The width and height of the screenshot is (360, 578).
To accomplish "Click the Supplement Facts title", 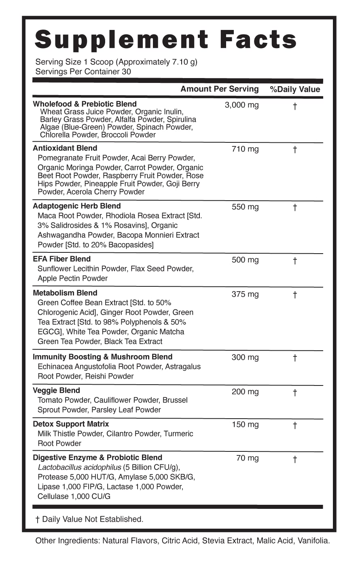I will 166,40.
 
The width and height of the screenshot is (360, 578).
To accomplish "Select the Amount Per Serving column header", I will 219,89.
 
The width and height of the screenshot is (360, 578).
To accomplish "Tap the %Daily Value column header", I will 295,89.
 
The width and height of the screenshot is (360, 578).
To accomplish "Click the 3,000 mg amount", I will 241,105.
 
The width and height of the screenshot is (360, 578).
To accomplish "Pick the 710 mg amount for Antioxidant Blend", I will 245,149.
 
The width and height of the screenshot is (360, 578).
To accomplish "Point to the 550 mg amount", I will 245,207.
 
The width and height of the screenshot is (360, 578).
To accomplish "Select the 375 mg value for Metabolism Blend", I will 245,294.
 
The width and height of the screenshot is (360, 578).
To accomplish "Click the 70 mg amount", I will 247,458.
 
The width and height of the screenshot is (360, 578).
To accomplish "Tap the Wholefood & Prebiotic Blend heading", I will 85,104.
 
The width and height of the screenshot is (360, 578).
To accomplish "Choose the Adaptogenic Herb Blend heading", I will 76,206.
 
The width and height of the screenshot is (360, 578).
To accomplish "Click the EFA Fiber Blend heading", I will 61,259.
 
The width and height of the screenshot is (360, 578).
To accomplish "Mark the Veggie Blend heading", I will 56,390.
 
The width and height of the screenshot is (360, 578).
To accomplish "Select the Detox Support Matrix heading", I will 71,424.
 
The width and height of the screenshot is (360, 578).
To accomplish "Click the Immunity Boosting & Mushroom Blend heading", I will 102,357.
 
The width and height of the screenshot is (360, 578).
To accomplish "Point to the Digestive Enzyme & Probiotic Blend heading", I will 97,457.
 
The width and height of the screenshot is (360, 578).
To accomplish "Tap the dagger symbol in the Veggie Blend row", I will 295,392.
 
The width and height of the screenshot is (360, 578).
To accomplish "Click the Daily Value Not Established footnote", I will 89,519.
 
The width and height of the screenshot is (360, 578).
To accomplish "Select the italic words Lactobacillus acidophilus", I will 79,467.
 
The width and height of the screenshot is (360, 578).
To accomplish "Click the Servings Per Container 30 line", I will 83,72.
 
